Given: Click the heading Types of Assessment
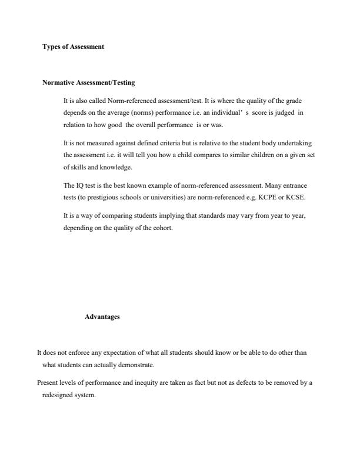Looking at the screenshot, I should coord(73,46).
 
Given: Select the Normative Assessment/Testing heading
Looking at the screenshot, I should coord(89,83).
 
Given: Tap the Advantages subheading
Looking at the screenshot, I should coord(102,317).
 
